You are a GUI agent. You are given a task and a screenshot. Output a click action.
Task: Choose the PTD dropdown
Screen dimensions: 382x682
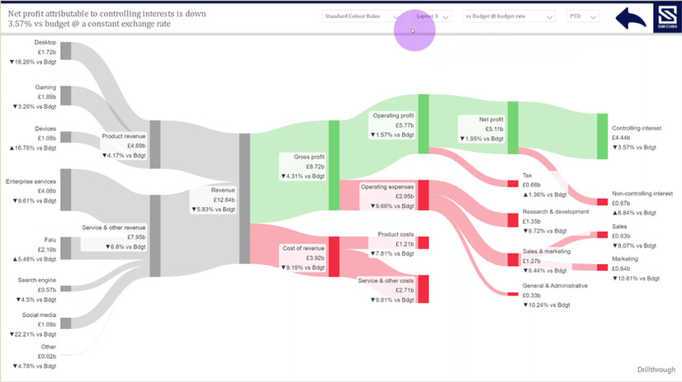582,17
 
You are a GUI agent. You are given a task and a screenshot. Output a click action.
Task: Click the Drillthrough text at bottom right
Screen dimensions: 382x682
658,371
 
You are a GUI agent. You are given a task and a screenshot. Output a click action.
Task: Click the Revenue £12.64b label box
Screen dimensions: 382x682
213,199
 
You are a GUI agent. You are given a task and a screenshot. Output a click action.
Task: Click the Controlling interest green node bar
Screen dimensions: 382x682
602,137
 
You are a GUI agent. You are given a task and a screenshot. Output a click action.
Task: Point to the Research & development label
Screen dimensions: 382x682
555,212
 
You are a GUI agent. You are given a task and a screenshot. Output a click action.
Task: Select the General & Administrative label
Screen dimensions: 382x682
554,285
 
